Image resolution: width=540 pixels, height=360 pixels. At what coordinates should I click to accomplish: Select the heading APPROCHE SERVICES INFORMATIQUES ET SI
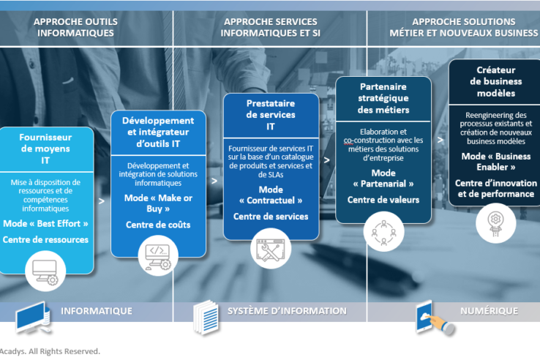[270, 27]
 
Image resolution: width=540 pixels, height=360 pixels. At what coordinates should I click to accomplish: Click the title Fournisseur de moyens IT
[45, 149]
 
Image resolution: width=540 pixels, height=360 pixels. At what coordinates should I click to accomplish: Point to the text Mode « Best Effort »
[45, 223]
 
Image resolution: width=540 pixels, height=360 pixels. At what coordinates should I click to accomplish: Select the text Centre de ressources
[45, 239]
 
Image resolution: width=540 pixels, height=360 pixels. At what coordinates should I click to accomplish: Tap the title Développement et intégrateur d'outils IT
[158, 132]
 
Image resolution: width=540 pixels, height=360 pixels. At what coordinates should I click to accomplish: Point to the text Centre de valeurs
[383, 199]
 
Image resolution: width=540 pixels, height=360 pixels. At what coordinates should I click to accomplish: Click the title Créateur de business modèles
[495, 82]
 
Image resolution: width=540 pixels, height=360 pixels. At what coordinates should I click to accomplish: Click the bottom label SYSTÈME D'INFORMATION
[287, 311]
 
